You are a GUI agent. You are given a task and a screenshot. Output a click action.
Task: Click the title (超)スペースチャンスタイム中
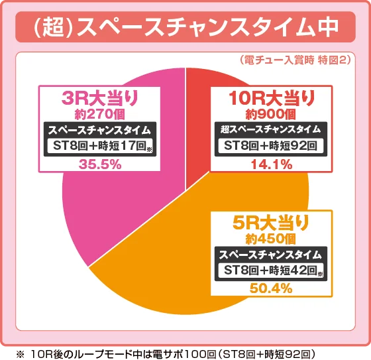[185, 28]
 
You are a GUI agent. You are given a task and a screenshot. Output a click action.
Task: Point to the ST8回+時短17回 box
[100, 147]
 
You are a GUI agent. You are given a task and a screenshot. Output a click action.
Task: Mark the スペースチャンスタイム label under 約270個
[100, 129]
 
